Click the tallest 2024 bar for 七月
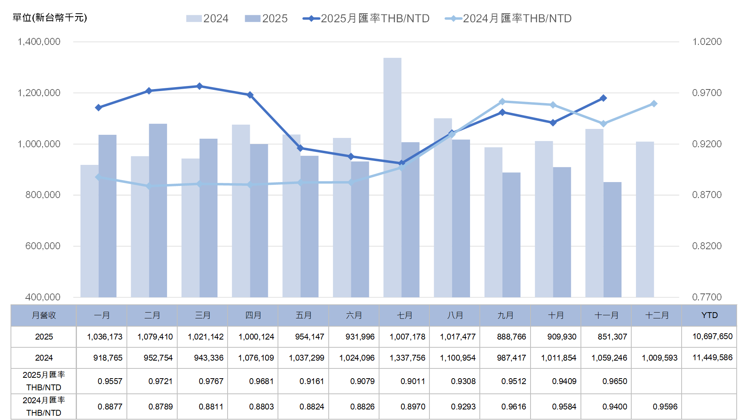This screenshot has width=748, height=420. tap(392, 177)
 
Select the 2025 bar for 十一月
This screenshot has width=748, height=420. tap(612, 239)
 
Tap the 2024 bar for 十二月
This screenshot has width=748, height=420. tap(645, 219)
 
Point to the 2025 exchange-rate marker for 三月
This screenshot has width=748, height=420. tap(199, 86)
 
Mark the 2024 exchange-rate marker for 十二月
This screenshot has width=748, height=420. tap(654, 104)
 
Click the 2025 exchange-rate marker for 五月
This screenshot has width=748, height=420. tap(300, 148)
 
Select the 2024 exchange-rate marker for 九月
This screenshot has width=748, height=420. tap(502, 102)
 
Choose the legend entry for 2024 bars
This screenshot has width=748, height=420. tap(207, 18)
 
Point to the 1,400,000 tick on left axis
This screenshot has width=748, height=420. tap(39, 42)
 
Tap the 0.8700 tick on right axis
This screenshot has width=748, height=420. tap(707, 195)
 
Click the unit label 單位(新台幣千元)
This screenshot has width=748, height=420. tap(50, 18)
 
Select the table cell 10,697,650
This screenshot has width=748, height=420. tap(712, 336)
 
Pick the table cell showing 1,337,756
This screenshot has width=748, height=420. tap(407, 358)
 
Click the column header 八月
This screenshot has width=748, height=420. tap(455, 315)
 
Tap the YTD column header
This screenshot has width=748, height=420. tap(709, 315)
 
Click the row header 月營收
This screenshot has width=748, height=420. tap(44, 315)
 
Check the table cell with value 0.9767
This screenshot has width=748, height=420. tap(211, 381)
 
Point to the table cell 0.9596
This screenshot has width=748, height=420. tap(665, 407)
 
